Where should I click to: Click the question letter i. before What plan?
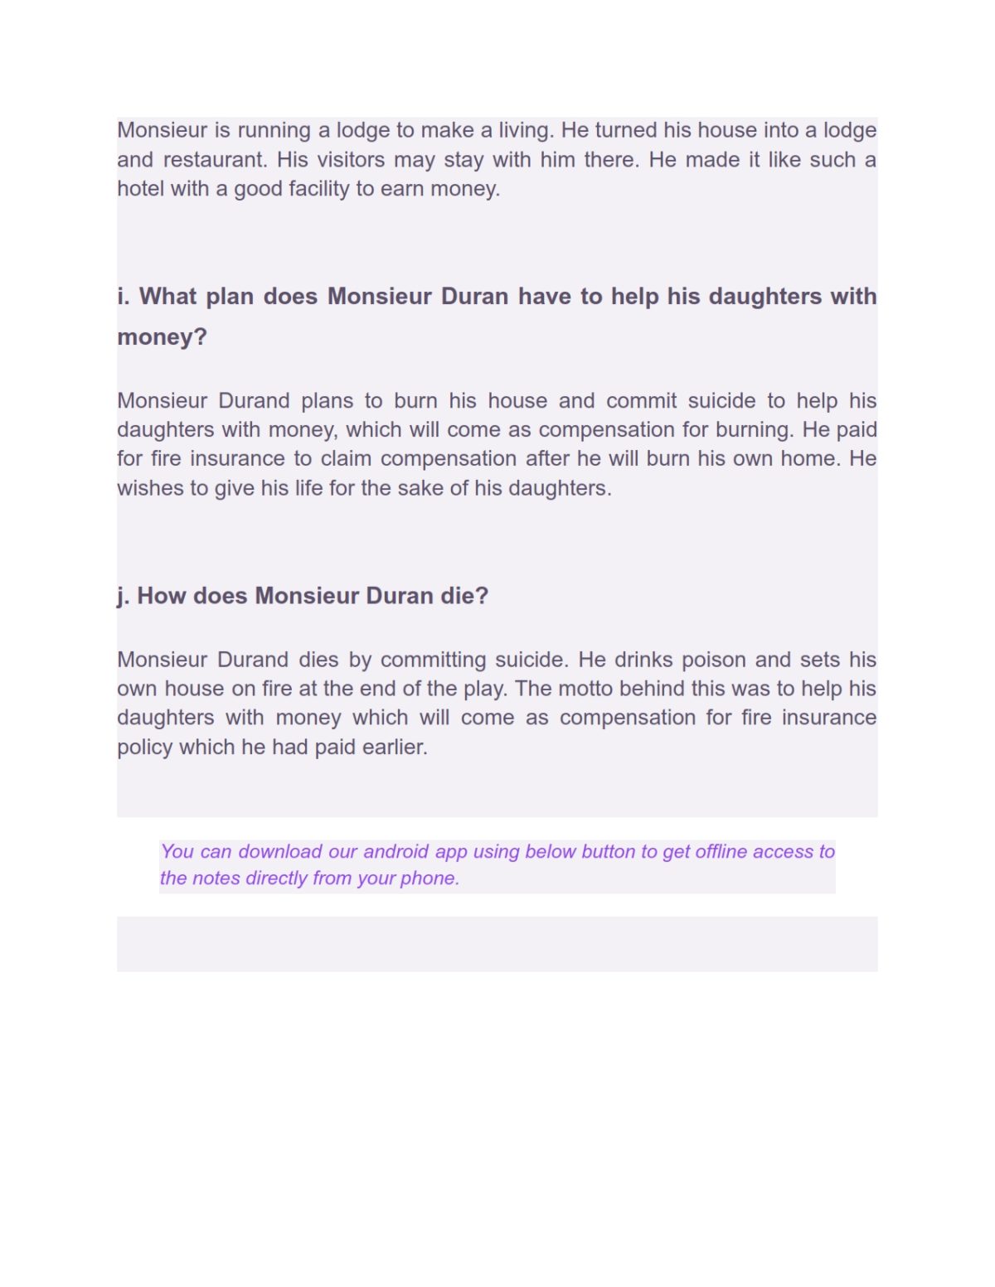click(x=124, y=296)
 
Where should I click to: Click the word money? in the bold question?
click(x=162, y=337)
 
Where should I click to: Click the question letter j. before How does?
click(x=124, y=596)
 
